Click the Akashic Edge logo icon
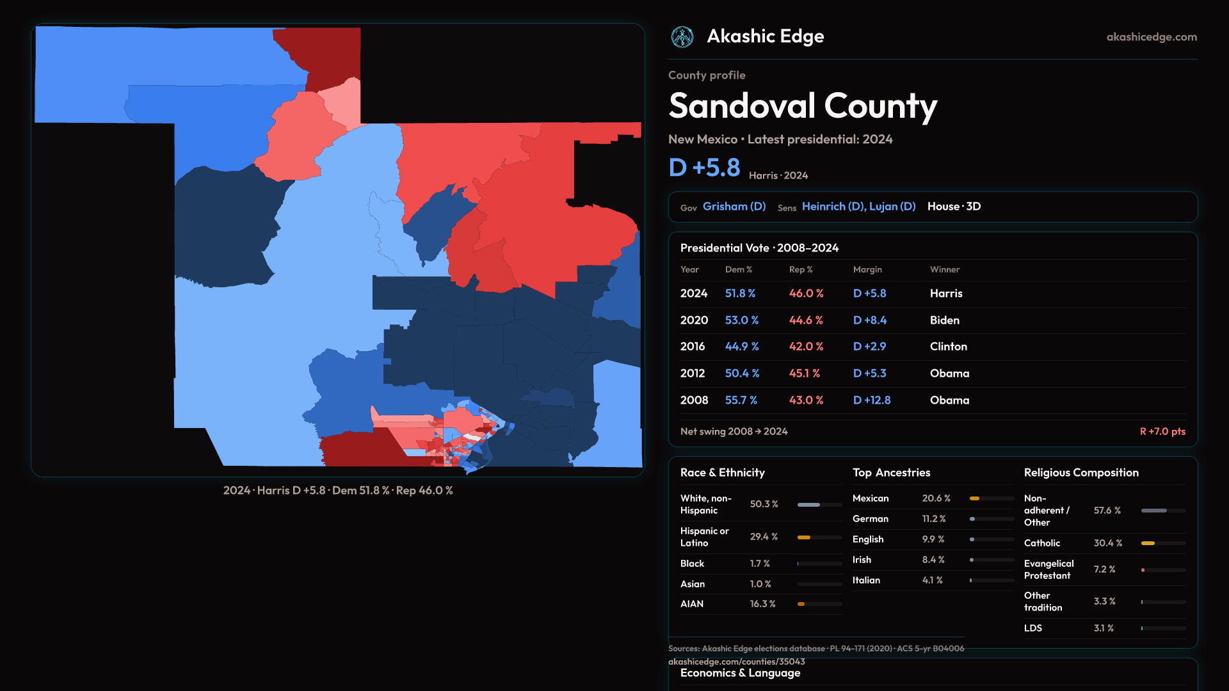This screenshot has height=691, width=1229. pyautogui.click(x=682, y=37)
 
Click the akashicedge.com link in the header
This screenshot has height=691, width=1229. pyautogui.click(x=1152, y=37)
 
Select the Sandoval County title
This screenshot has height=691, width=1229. pyautogui.click(x=803, y=106)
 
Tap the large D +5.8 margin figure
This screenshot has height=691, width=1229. pyautogui.click(x=704, y=168)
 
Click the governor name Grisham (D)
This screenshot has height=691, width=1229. pyautogui.click(x=734, y=207)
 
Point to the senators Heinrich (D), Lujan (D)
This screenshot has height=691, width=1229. pyautogui.click(x=858, y=207)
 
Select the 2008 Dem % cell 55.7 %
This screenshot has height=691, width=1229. pyautogui.click(x=741, y=400)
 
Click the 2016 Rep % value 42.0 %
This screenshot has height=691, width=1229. pyautogui.click(x=806, y=346)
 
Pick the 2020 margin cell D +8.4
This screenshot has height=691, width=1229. pyautogui.click(x=870, y=320)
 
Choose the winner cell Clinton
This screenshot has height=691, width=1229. pyautogui.click(x=948, y=346)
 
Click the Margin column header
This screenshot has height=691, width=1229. pyautogui.click(x=867, y=269)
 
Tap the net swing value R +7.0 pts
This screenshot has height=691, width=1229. pyautogui.click(x=1162, y=431)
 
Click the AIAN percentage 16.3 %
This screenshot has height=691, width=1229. pyautogui.click(x=762, y=604)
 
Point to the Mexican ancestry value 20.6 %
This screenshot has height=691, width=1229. pyautogui.click(x=936, y=498)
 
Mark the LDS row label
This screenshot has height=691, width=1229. pyautogui.click(x=1033, y=628)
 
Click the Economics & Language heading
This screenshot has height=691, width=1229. pyautogui.click(x=740, y=673)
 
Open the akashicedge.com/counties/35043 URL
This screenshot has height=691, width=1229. pyautogui.click(x=736, y=662)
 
